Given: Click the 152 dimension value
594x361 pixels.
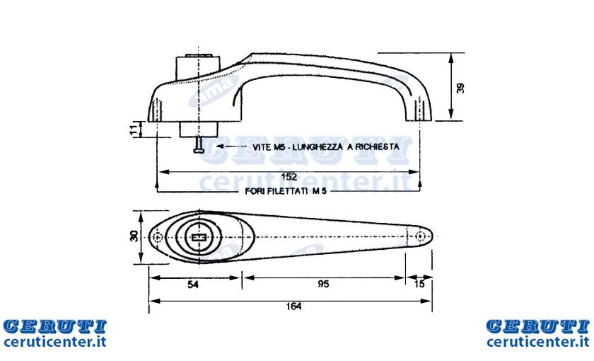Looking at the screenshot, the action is pos(289,177).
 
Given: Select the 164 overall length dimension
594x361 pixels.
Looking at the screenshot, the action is pos(294,306).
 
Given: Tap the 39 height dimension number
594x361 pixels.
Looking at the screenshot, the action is pos(460,88).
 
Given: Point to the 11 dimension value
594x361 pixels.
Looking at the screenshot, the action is pos(133,130).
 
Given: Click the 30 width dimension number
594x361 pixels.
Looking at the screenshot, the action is pos(134,236).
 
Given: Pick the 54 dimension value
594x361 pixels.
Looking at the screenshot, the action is pos(193,284).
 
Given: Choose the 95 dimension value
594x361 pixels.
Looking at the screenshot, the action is pos(324,284).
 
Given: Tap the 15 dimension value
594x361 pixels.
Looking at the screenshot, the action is pos(419,284).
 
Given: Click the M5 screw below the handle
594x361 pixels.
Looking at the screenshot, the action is pos(199,145).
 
